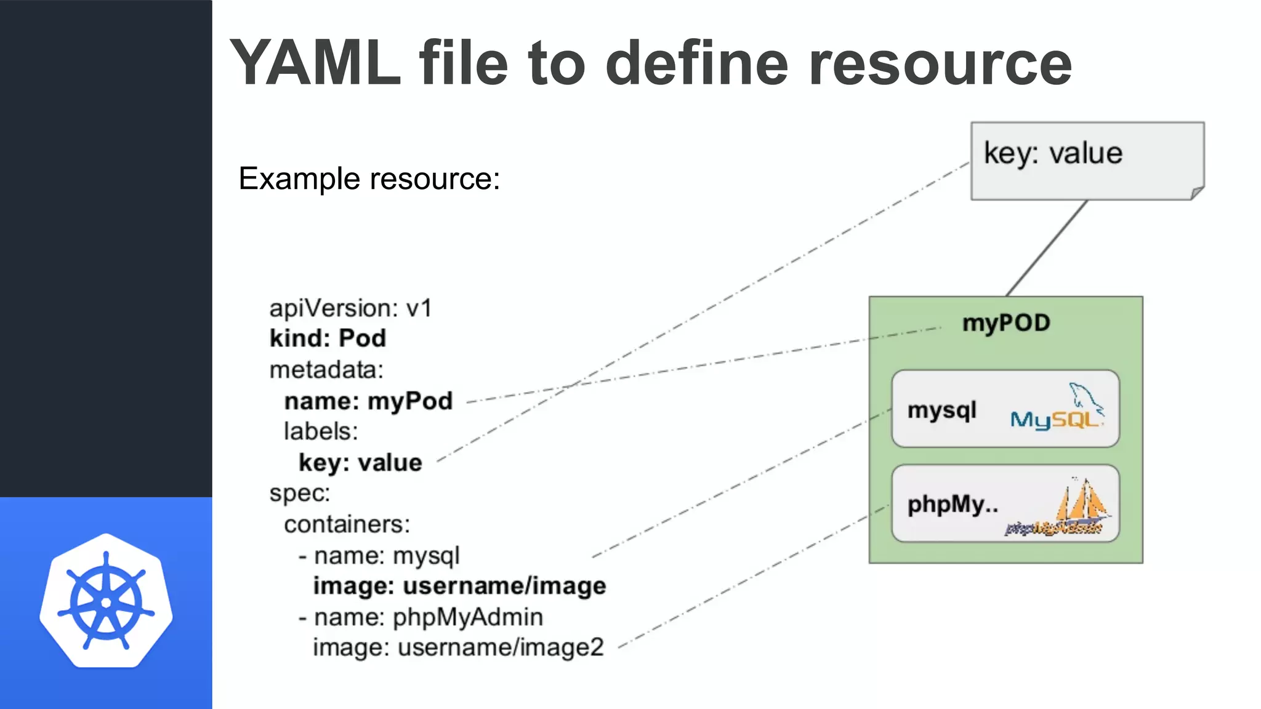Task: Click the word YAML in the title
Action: click(315, 63)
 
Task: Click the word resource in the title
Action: click(940, 63)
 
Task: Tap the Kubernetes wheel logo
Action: click(106, 601)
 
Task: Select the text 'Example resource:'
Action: click(369, 179)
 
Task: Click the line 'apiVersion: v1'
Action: click(350, 308)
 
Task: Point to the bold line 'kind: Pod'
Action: click(328, 338)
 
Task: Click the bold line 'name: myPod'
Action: click(368, 401)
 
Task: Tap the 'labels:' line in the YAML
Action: click(321, 431)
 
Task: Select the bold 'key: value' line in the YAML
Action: click(360, 463)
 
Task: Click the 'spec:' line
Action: click(300, 493)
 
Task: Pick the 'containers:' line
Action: click(347, 524)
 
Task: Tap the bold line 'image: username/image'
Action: click(459, 586)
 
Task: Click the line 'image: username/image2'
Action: click(458, 647)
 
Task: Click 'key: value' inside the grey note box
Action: click(1053, 153)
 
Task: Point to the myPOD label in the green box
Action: click(1006, 323)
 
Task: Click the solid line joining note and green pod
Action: click(1047, 248)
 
